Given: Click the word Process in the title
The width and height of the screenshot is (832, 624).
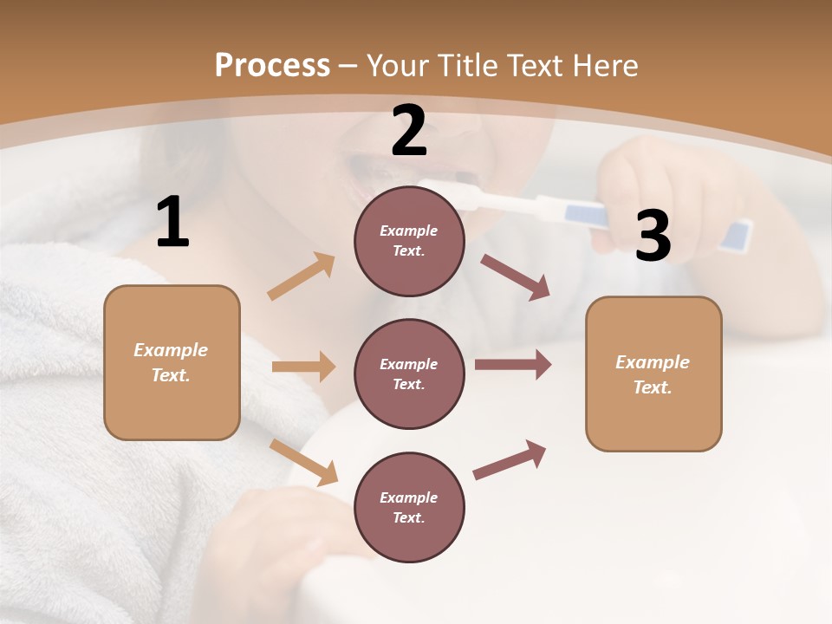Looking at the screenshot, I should [x=272, y=65].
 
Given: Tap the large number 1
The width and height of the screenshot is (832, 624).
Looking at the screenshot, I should [x=172, y=222].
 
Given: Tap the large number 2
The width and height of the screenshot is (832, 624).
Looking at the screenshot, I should [x=409, y=131].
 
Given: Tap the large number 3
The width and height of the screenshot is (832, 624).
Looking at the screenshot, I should [x=653, y=236].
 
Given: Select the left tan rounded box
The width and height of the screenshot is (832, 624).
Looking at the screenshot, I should [x=172, y=362].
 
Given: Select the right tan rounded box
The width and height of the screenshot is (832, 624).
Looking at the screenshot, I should [x=653, y=374].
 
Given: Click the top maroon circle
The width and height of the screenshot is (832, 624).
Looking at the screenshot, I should [x=409, y=241].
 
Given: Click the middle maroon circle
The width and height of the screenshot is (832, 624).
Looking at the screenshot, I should [x=409, y=374].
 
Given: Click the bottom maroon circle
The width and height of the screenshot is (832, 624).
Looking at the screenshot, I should [x=409, y=508].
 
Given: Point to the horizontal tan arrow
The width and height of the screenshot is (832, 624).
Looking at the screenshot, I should [x=303, y=367].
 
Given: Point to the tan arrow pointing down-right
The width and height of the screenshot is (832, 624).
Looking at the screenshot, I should [x=304, y=462].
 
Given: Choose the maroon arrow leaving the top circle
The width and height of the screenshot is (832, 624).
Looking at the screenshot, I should [x=516, y=277].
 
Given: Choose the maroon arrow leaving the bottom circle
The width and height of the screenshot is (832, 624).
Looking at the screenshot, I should [x=510, y=460].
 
